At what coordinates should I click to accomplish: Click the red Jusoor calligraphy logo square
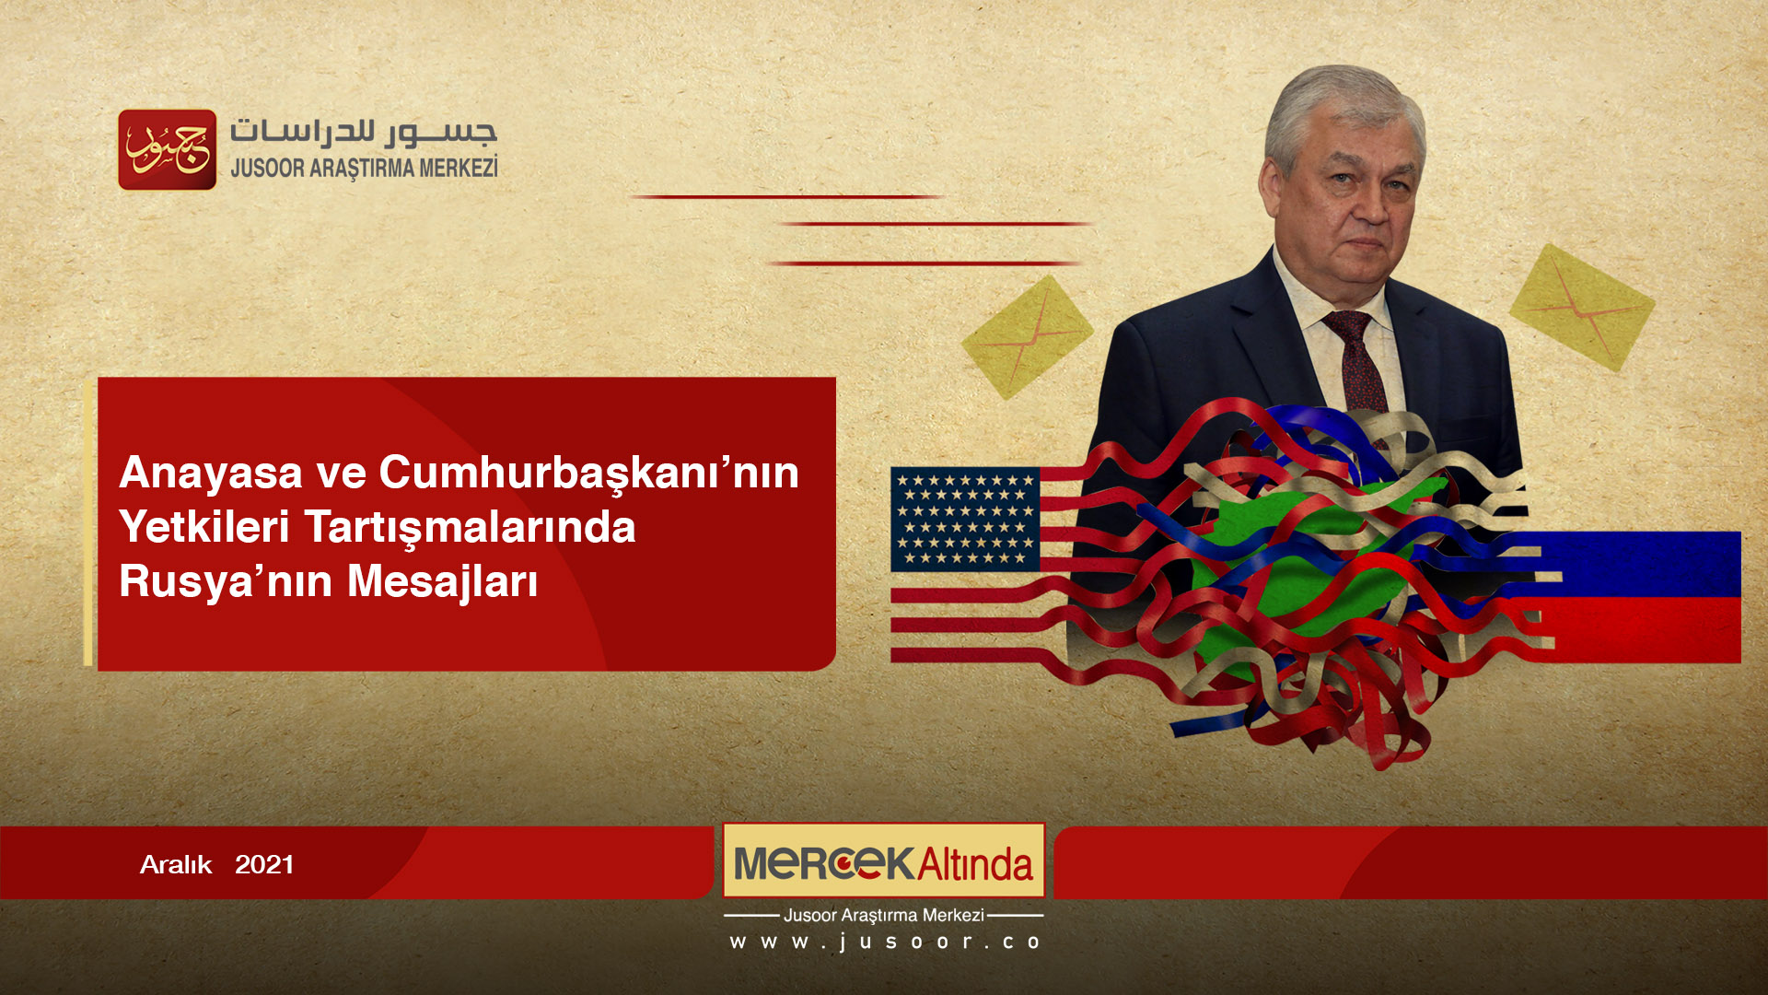click(168, 150)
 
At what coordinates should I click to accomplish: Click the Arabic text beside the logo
click(364, 132)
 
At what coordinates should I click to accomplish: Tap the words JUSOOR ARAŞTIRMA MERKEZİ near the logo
click(364, 169)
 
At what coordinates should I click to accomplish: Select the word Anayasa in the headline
click(211, 474)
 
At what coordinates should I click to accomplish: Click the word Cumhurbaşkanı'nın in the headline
click(588, 474)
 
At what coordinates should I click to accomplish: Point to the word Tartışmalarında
click(470, 528)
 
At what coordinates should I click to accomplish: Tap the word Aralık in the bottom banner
click(176, 865)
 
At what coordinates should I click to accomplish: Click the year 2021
click(264, 865)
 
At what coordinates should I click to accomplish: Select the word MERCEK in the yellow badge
click(823, 863)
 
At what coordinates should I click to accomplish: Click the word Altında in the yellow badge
click(975, 864)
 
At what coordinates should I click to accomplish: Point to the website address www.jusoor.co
click(884, 942)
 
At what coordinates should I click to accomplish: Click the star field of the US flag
click(965, 519)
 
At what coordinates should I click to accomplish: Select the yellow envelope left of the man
click(1027, 337)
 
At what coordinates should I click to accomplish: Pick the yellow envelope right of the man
click(1581, 308)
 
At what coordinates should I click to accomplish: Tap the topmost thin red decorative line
click(787, 197)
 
